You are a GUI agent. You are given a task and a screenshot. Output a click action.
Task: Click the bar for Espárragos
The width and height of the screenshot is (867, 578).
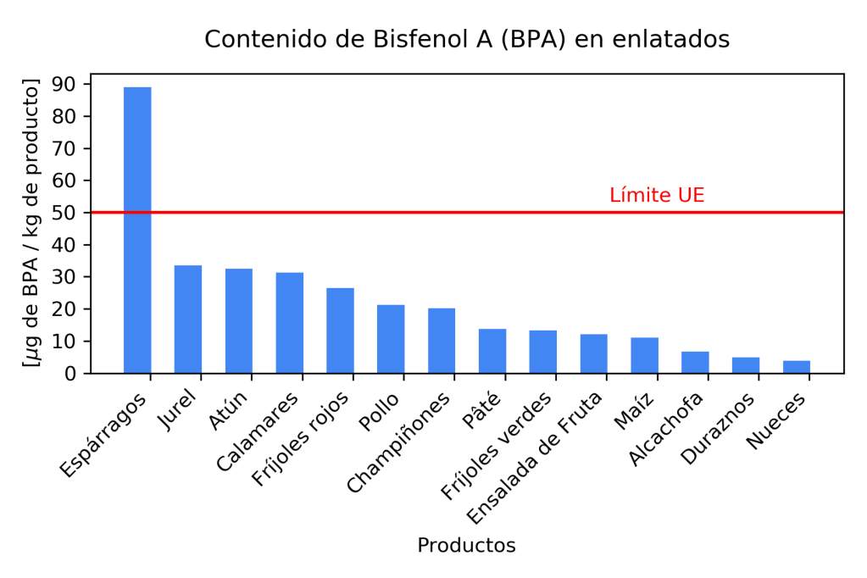137,229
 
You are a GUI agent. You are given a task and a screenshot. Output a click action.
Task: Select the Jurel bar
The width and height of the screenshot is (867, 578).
188,320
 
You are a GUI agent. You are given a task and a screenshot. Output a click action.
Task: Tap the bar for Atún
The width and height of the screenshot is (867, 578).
239,321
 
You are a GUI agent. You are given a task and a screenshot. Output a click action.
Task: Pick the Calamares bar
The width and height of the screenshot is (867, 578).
290,323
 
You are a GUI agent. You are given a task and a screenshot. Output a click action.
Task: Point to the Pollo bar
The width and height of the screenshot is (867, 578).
391,339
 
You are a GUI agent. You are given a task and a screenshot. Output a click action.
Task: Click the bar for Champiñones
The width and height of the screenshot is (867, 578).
442,341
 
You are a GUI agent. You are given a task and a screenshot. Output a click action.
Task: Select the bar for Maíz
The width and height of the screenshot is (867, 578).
644,355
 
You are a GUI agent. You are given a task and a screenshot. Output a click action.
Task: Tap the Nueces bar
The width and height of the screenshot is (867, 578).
797,367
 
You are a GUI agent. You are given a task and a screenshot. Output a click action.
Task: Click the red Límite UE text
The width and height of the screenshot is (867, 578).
657,196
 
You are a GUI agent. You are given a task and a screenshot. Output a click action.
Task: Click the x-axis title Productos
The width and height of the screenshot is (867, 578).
466,545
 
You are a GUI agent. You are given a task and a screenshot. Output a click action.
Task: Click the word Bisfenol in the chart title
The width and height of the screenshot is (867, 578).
381,39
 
